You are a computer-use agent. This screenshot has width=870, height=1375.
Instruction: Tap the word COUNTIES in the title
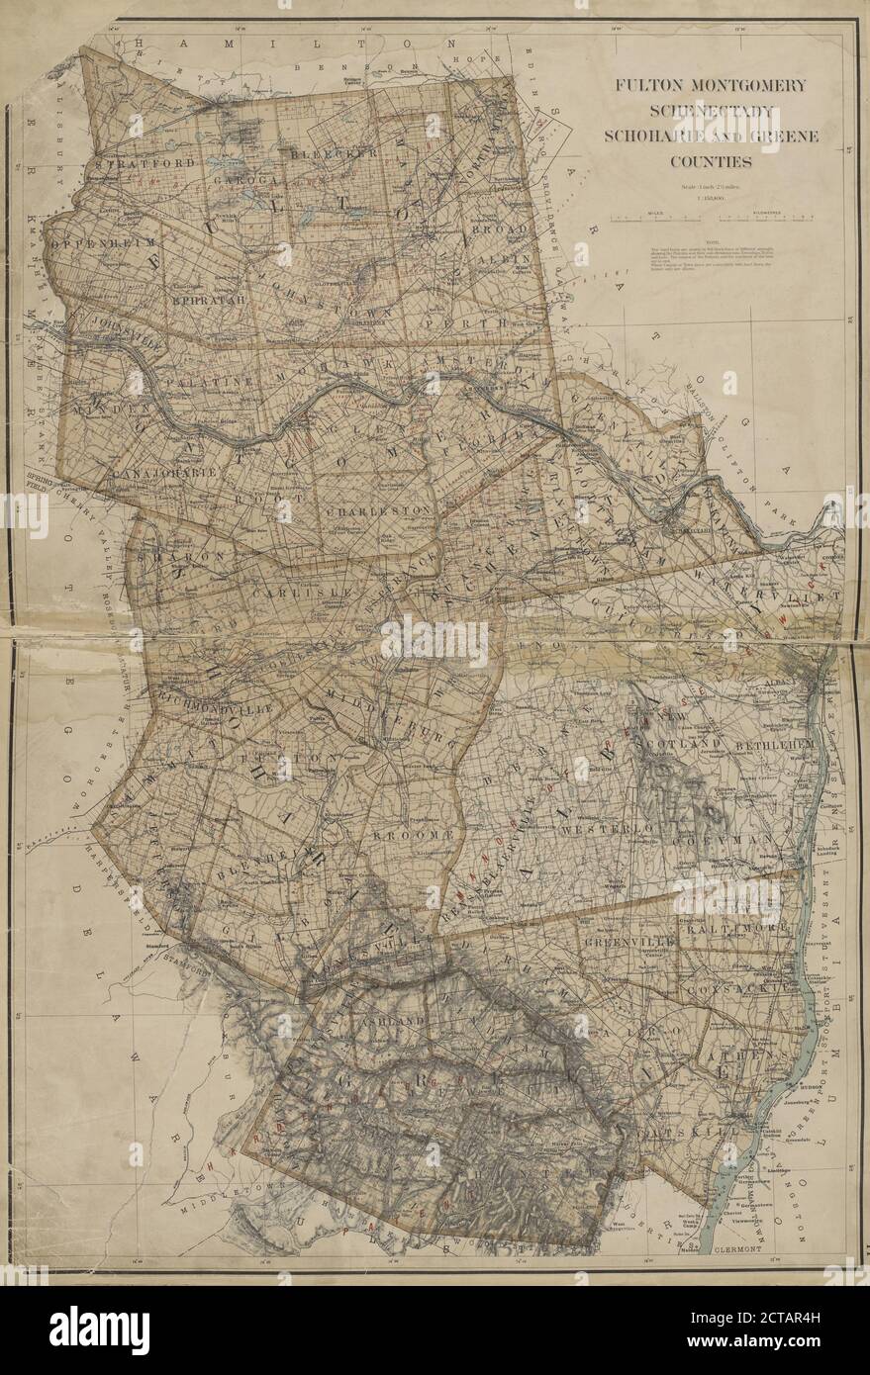pos(712,160)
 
